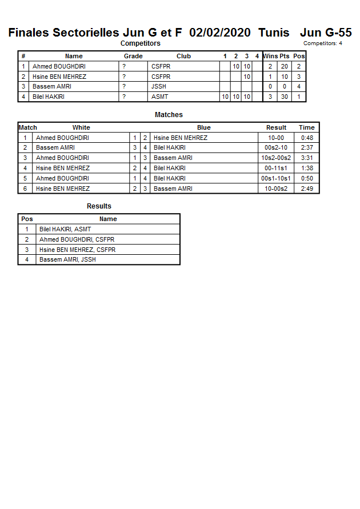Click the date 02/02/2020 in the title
coord(220,33)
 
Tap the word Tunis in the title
coord(273,33)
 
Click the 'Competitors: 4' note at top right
coord(323,43)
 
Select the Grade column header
coord(133,56)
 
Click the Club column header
coord(183,56)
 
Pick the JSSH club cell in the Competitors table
coord(159,86)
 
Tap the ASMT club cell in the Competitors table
coord(160,97)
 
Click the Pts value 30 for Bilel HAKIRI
coord(284,97)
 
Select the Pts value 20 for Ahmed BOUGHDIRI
coord(284,66)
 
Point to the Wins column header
coord(270,56)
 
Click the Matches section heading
coord(169,115)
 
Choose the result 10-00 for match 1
coord(276,138)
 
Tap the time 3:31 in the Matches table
coord(306,158)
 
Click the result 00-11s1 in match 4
coord(276,168)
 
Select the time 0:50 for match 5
coord(306,178)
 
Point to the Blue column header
coord(203,127)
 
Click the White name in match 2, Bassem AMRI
coord(55,147)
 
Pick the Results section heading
coord(99,206)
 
